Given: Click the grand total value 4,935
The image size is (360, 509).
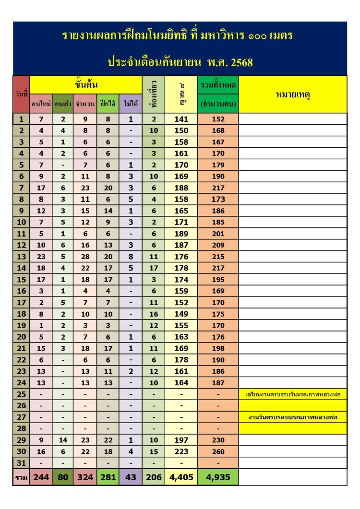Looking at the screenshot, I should pyautogui.click(x=218, y=477).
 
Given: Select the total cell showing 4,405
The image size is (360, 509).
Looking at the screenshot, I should pyautogui.click(x=181, y=477).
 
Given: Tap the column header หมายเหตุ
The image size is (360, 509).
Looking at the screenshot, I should pyautogui.click(x=292, y=95).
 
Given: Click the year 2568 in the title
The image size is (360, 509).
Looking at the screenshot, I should pyautogui.click(x=237, y=62).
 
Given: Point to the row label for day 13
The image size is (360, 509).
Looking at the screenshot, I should pyautogui.click(x=21, y=257).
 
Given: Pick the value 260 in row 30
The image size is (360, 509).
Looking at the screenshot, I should pyautogui.click(x=218, y=451).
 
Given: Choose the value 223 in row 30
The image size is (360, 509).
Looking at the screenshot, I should pyautogui.click(x=181, y=451).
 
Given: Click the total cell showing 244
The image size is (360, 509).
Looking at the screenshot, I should pyautogui.click(x=41, y=477).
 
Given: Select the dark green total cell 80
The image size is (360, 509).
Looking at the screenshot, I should pyautogui.click(x=63, y=477).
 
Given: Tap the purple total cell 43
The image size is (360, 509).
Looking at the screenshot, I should pyautogui.click(x=131, y=477).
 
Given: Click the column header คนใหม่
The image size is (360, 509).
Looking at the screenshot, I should pyautogui.click(x=41, y=104).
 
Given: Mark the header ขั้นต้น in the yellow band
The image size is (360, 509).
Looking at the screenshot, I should pyautogui.click(x=86, y=85).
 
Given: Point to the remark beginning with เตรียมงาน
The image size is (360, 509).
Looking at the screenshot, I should pyautogui.click(x=292, y=394).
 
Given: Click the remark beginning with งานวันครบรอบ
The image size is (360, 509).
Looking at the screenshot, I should pyautogui.click(x=292, y=417).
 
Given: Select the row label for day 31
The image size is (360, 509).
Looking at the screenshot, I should pyautogui.click(x=21, y=463).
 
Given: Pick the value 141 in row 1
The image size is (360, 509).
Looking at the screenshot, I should pyautogui.click(x=181, y=119).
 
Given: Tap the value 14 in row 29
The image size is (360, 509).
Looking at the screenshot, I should pyautogui.click(x=63, y=440).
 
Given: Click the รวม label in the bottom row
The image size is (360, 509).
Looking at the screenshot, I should pyautogui.click(x=21, y=477).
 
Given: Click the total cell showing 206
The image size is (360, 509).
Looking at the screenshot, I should pyautogui.click(x=154, y=477).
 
